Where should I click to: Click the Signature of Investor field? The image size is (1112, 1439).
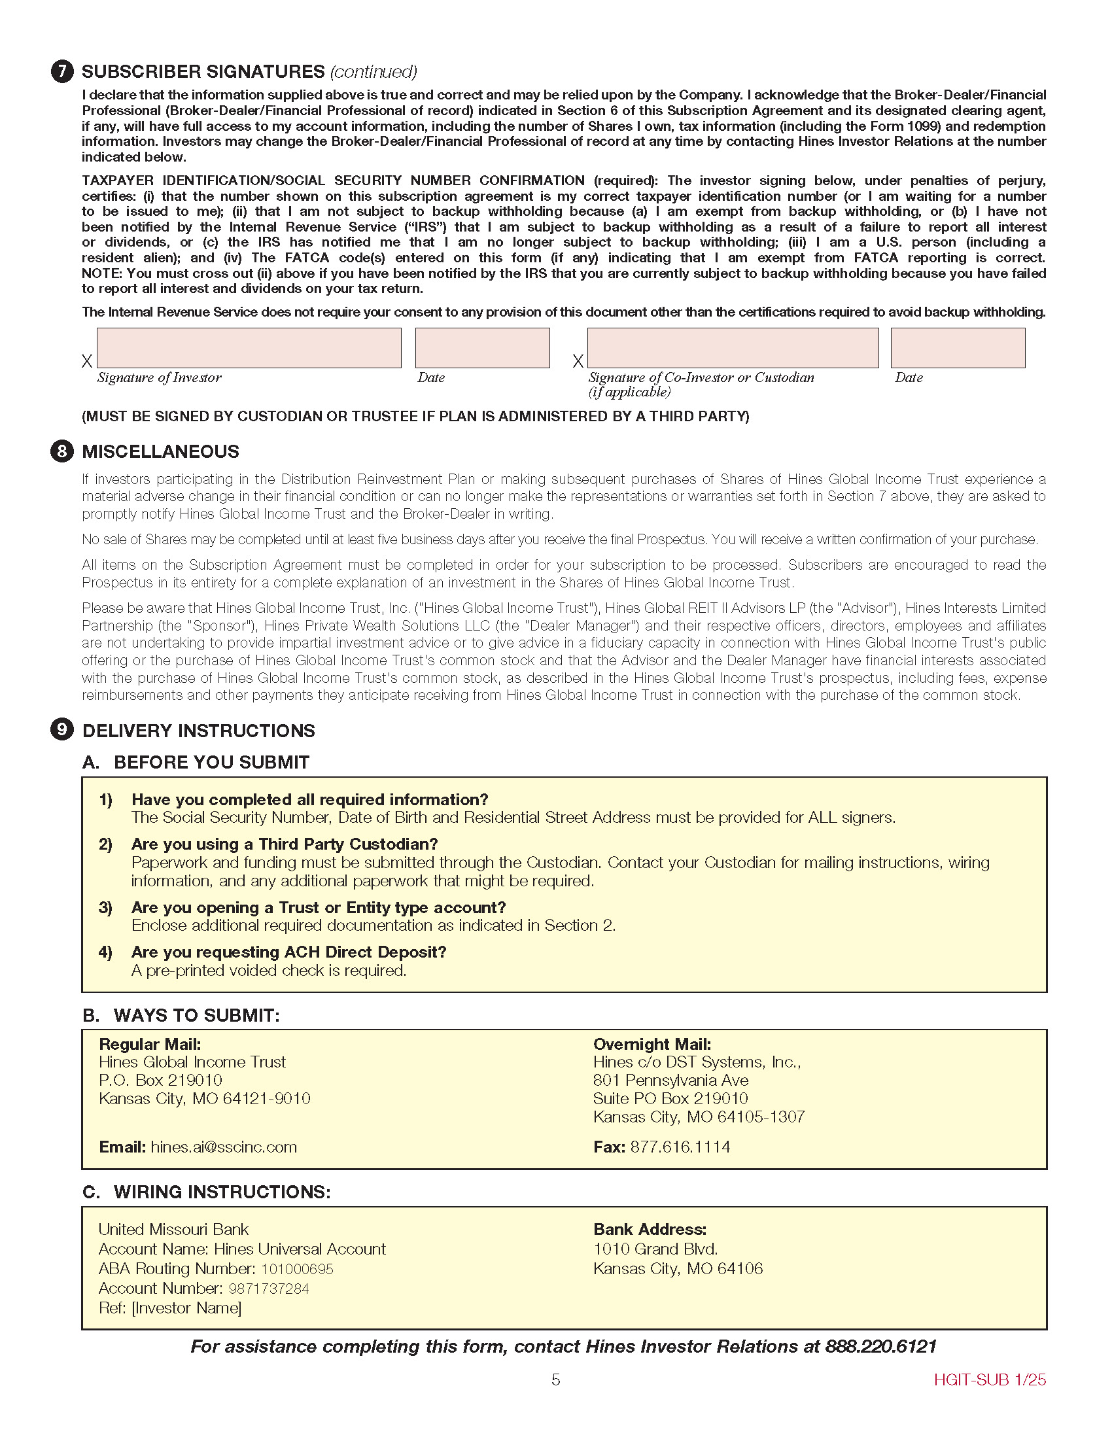coord(249,348)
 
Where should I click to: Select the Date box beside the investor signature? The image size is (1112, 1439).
coord(482,348)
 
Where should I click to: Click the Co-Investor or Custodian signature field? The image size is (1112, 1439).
coord(733,348)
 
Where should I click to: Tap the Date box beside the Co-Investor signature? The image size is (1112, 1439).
coord(958,348)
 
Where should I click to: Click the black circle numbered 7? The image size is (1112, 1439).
coord(62,71)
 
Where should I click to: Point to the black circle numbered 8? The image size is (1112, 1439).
coord(62,451)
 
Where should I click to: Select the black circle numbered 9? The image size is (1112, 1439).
coord(62,730)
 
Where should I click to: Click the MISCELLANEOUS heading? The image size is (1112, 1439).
coord(160,451)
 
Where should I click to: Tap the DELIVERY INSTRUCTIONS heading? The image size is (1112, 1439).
coord(198,731)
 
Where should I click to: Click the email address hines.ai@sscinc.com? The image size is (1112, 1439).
coord(223,1147)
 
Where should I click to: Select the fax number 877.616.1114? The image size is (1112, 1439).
coord(680,1147)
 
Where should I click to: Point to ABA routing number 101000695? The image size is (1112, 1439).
coord(297,1269)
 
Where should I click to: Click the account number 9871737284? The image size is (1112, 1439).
coord(269,1289)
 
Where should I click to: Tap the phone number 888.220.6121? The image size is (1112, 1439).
coord(880,1346)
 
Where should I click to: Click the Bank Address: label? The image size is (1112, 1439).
coord(650,1230)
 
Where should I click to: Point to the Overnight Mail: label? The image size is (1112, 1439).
coord(652,1044)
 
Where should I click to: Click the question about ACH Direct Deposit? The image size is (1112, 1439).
coord(288,952)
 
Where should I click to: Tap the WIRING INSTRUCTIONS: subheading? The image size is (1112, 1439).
coord(222,1192)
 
